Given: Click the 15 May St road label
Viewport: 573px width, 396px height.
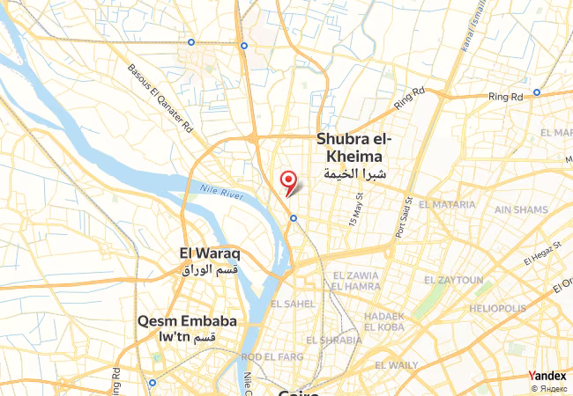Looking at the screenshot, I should click(x=356, y=208).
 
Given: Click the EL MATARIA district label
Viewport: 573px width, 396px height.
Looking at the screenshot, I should click(x=449, y=204).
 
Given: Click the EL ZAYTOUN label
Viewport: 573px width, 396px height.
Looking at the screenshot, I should click(x=453, y=280).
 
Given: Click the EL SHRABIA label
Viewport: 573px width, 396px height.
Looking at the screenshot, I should click(x=333, y=340).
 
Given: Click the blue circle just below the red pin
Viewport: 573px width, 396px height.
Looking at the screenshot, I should click(x=293, y=217).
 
